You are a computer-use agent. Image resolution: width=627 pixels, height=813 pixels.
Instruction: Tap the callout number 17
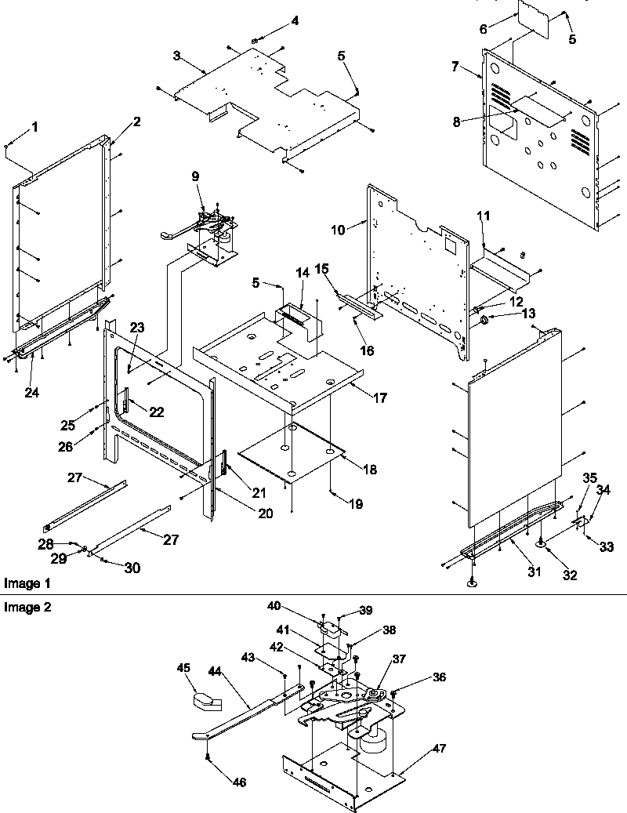(x=380, y=398)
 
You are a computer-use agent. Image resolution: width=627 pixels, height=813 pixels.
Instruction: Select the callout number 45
(x=183, y=669)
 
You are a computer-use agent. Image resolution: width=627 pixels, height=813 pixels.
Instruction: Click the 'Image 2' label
(x=22, y=606)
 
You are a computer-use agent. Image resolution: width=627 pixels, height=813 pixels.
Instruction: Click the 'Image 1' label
(x=22, y=583)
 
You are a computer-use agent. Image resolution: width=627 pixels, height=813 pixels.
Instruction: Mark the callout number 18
(x=370, y=470)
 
